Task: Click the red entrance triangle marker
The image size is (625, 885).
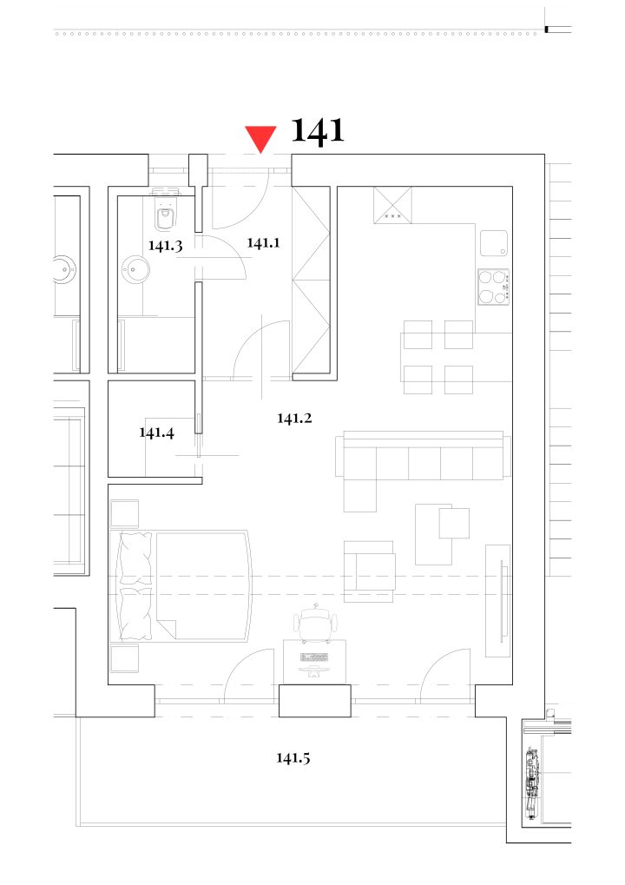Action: click(260, 138)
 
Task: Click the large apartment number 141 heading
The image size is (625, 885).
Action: click(318, 131)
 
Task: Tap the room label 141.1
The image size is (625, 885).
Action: click(263, 242)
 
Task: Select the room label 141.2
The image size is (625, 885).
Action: click(294, 419)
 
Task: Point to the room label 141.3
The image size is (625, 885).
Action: click(165, 246)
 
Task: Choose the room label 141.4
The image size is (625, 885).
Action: click(157, 433)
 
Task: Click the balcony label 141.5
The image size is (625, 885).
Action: click(293, 757)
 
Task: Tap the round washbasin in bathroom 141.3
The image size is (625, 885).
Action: click(135, 269)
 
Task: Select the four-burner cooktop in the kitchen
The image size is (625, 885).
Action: click(494, 287)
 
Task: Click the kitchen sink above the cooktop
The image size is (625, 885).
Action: click(494, 243)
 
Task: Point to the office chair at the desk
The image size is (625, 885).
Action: click(317, 622)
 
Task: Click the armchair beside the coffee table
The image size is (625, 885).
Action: click(370, 571)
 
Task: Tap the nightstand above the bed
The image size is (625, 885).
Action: click(124, 513)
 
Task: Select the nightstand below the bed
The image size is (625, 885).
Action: click(124, 658)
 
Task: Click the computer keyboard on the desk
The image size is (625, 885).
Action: click(314, 657)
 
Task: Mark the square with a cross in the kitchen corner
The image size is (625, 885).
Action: click(392, 206)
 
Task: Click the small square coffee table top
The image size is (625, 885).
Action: click(454, 523)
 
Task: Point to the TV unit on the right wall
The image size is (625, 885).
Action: click(498, 600)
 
